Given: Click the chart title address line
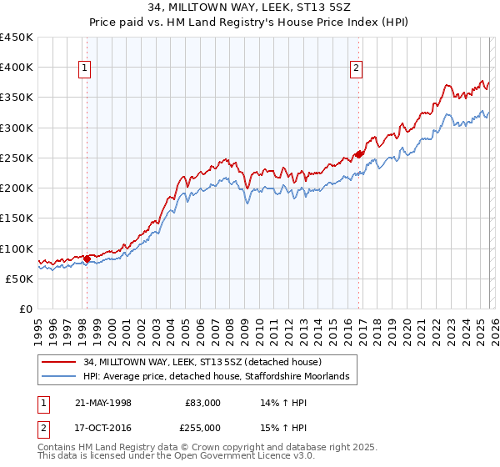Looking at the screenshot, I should (250, 8).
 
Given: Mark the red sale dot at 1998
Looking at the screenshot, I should (87, 259).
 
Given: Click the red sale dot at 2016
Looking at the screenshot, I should (357, 154).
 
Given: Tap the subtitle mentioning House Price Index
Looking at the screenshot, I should (250, 22).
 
